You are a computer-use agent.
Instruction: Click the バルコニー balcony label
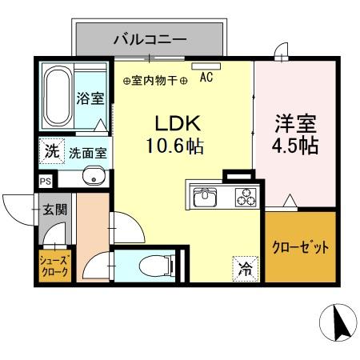point(150,38)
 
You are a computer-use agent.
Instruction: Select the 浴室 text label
point(90,99)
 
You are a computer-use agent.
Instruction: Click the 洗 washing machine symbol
point(51,150)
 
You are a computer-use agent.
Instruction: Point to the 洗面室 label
point(88,151)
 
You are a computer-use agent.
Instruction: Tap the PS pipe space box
point(45,182)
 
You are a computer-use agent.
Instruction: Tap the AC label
point(206,78)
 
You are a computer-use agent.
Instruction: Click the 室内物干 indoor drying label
point(155,80)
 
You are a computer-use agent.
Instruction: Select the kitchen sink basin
point(203,196)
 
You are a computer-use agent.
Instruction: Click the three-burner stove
point(242,196)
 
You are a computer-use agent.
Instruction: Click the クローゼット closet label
point(301,247)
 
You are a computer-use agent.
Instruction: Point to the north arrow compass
point(338,325)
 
